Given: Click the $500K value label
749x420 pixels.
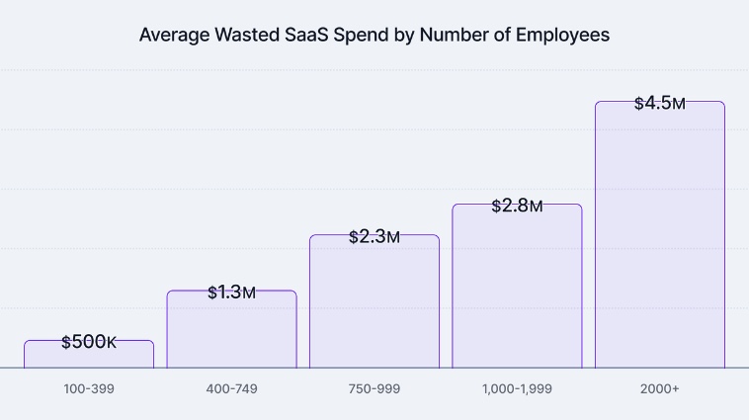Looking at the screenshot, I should point(89,342).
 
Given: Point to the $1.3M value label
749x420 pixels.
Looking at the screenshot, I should point(231,293).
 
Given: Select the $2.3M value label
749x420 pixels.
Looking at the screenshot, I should point(374,237).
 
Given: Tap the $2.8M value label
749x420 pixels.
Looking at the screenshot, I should point(517,206).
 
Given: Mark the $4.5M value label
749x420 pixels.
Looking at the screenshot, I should point(659,103).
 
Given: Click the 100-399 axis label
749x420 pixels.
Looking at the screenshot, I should point(89,389).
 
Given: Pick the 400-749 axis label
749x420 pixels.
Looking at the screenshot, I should point(231,389).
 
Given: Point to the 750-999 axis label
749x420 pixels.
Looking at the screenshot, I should point(374,389).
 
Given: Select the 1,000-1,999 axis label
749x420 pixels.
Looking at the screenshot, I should point(517,389).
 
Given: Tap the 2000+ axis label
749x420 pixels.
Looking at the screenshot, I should point(659,389).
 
